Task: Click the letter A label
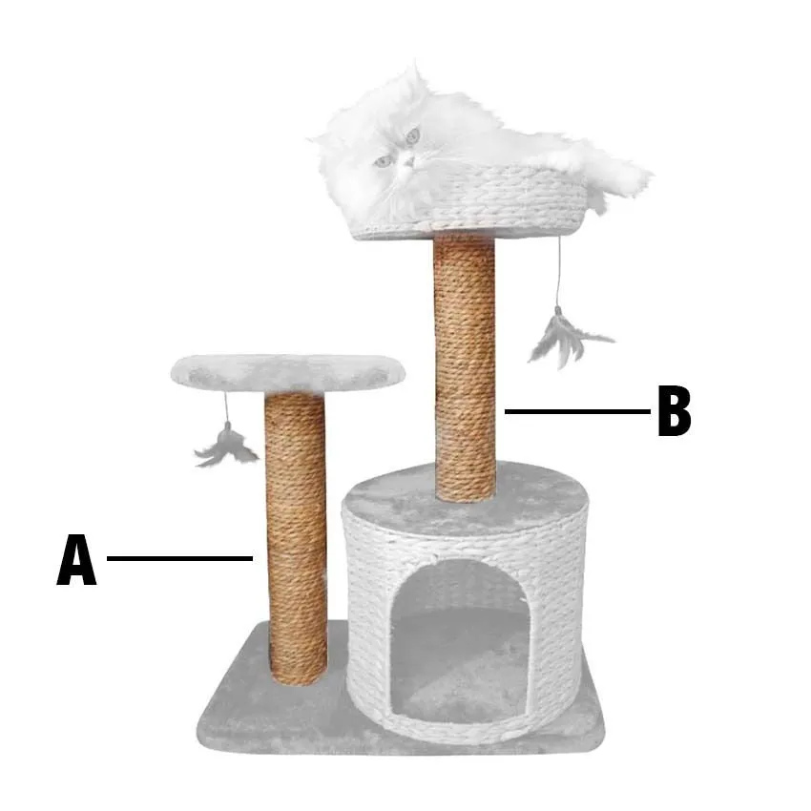tap(76, 560)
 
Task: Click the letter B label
tap(674, 410)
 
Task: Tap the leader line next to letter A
tap(179, 558)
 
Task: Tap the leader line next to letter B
tap(577, 412)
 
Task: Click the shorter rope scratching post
tap(296, 538)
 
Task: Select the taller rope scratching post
tap(465, 367)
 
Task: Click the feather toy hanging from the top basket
tap(567, 336)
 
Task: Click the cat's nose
tap(407, 164)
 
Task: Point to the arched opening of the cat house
tap(459, 641)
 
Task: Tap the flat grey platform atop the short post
tap(287, 372)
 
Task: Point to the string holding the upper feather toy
tap(559, 272)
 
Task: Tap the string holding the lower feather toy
tap(226, 407)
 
